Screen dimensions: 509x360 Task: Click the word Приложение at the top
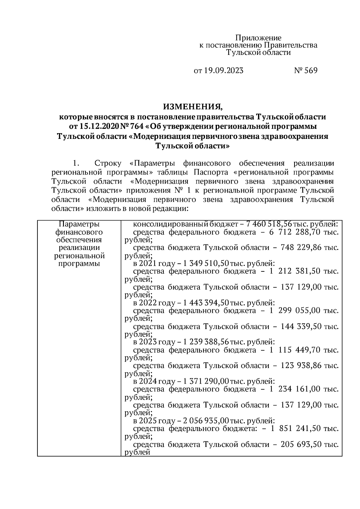coord(258,38)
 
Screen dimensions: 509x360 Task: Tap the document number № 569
coord(305,71)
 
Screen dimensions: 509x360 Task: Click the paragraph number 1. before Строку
coord(76,163)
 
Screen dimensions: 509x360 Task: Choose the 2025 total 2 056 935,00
coord(205,421)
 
